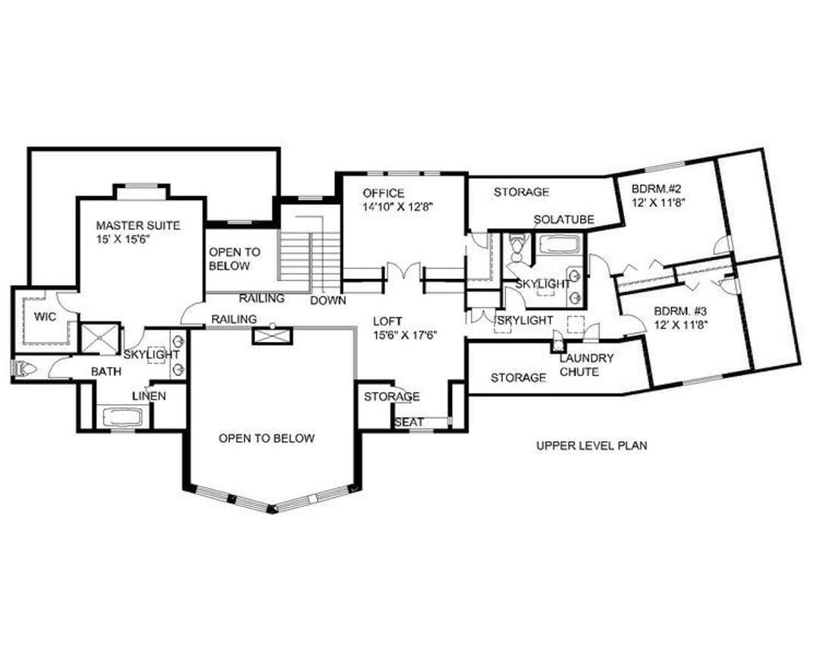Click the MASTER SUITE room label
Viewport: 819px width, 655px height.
[138, 226]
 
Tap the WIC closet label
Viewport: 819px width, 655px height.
[45, 317]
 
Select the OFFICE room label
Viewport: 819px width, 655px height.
[384, 193]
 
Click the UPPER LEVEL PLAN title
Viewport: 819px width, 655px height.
[591, 446]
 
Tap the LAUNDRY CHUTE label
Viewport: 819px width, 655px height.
[586, 365]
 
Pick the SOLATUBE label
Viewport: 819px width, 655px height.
[564, 220]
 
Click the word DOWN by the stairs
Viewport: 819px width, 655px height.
[328, 300]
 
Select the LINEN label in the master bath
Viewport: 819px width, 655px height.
[149, 396]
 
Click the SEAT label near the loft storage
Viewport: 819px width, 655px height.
[409, 422]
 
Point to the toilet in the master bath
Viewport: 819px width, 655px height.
[24, 369]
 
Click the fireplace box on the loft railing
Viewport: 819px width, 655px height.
[272, 335]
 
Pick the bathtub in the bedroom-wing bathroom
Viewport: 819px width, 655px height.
[558, 245]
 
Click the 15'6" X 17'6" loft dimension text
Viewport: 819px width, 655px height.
[405, 335]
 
